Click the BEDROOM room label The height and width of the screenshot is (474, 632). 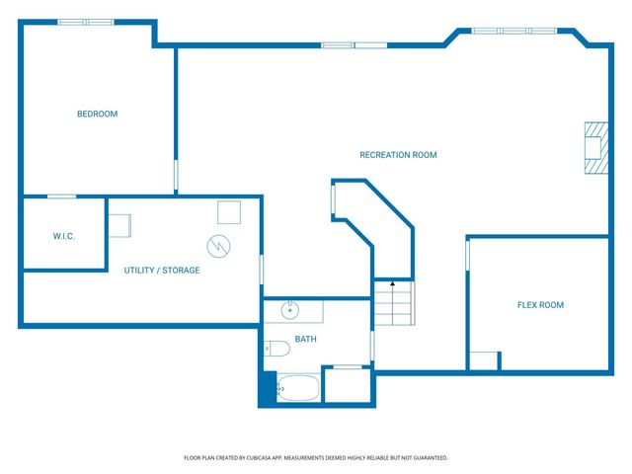pyautogui.click(x=97, y=115)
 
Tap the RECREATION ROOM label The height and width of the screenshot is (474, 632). pyautogui.click(x=398, y=155)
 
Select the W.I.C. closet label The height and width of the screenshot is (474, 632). pyautogui.click(x=63, y=236)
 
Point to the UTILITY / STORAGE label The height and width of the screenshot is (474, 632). pyautogui.click(x=162, y=270)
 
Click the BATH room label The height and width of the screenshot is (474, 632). pyautogui.click(x=305, y=339)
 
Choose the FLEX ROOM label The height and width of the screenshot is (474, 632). pyautogui.click(x=540, y=305)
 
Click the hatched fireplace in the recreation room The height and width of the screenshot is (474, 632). pyautogui.click(x=596, y=148)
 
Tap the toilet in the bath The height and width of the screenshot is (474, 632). pyautogui.click(x=276, y=349)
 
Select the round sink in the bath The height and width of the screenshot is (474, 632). pyautogui.click(x=289, y=310)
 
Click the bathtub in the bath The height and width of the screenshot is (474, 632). pyautogui.click(x=298, y=388)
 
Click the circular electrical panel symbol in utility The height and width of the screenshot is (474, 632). pyautogui.click(x=218, y=246)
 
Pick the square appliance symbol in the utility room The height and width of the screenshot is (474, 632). pyautogui.click(x=229, y=212)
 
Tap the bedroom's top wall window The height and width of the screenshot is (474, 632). pyautogui.click(x=86, y=22)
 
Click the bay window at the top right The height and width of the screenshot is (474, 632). pyautogui.click(x=514, y=31)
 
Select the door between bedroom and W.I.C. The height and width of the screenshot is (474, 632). pyautogui.click(x=61, y=197)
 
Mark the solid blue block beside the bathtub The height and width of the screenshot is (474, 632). pyautogui.click(x=268, y=389)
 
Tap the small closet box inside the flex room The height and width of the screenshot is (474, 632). pyautogui.click(x=484, y=360)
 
